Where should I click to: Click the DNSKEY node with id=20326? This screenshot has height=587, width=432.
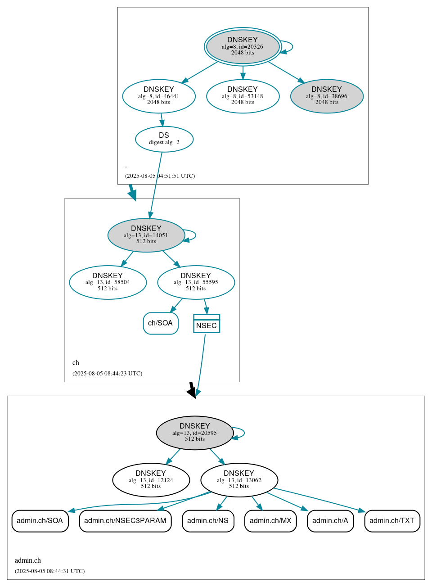pyautogui.click(x=243, y=46)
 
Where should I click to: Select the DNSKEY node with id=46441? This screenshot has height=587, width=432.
pyautogui.click(x=159, y=96)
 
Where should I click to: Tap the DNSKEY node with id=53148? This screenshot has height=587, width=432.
pyautogui.click(x=243, y=96)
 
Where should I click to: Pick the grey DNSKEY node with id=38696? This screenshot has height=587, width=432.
pyautogui.click(x=327, y=96)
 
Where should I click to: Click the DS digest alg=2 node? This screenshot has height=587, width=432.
pyautogui.click(x=164, y=139)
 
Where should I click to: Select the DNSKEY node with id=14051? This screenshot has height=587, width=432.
pyautogui.click(x=146, y=235)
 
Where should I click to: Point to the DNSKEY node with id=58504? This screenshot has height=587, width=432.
pyautogui.click(x=108, y=282)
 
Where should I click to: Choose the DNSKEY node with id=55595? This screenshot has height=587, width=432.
pyautogui.click(x=196, y=282)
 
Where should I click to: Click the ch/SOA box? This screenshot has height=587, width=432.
pyautogui.click(x=161, y=323)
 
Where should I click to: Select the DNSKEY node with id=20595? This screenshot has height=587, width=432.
pyautogui.click(x=195, y=433)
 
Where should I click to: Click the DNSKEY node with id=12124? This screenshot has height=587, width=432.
pyautogui.click(x=151, y=480)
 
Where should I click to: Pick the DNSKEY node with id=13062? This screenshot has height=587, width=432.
pyautogui.click(x=239, y=480)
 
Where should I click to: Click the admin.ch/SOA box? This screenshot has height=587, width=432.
pyautogui.click(x=40, y=521)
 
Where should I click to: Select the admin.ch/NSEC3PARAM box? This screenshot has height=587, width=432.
pyautogui.click(x=125, y=521)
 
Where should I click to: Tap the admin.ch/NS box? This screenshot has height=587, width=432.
pyautogui.click(x=208, y=521)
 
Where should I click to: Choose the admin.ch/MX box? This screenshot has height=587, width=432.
pyautogui.click(x=270, y=521)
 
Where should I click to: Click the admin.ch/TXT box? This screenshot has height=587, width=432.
pyautogui.click(x=392, y=521)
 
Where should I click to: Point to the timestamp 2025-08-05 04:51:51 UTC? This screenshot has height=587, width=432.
pyautogui.click(x=160, y=176)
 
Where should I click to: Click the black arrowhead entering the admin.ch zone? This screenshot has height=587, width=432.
pyautogui.click(x=192, y=393)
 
